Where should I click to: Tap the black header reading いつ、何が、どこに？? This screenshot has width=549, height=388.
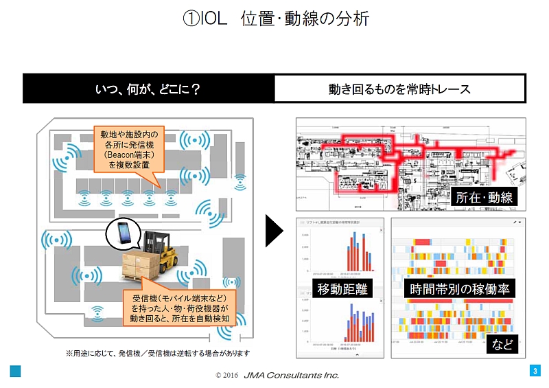[x=148, y=89]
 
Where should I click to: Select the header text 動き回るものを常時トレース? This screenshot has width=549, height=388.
[x=400, y=89]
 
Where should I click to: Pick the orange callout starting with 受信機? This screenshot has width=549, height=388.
[x=180, y=308]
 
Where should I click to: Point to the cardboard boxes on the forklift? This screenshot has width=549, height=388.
[x=141, y=267]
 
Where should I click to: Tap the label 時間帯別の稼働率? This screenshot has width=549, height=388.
[x=459, y=290]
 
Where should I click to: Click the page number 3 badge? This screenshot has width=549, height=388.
[x=535, y=372]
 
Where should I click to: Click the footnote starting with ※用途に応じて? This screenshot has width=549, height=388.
[x=158, y=353]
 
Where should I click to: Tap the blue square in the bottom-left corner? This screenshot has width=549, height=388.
[x=15, y=372]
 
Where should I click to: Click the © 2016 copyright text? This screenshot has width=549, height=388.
[x=226, y=376]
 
